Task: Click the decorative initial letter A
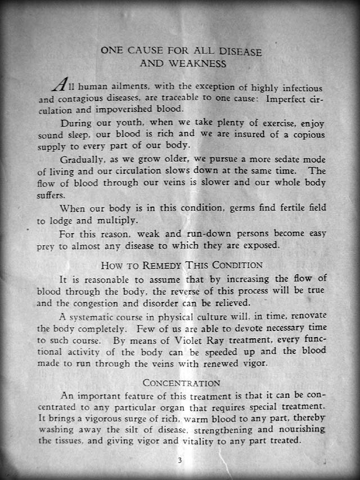(x=60, y=84)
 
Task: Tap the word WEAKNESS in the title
(x=199, y=64)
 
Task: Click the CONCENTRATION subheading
(x=181, y=383)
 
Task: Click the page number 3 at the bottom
(x=179, y=460)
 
